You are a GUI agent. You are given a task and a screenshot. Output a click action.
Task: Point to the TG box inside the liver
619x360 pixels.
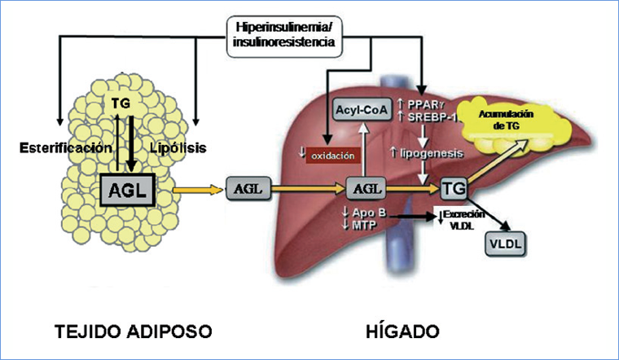click(454, 190)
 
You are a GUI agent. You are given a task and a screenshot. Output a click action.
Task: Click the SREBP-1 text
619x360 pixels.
click(436, 120)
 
